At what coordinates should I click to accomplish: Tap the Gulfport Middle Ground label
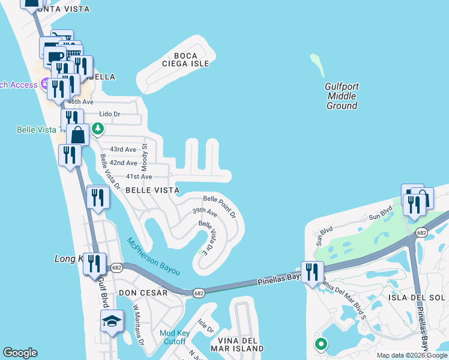[x=342, y=96]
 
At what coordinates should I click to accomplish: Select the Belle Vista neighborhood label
[x=152, y=190]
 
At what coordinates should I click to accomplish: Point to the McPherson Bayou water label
[x=153, y=256]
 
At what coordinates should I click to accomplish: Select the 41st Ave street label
[x=139, y=176]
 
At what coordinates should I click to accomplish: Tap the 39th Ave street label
[x=204, y=212]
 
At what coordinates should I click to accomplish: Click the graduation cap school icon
[x=112, y=322]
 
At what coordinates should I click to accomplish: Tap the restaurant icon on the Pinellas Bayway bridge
[x=310, y=272]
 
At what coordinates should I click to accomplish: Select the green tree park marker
[x=97, y=128]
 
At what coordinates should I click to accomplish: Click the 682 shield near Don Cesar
[x=199, y=293]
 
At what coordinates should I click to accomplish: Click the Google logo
[x=20, y=353]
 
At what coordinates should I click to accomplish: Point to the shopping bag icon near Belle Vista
[x=78, y=134]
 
